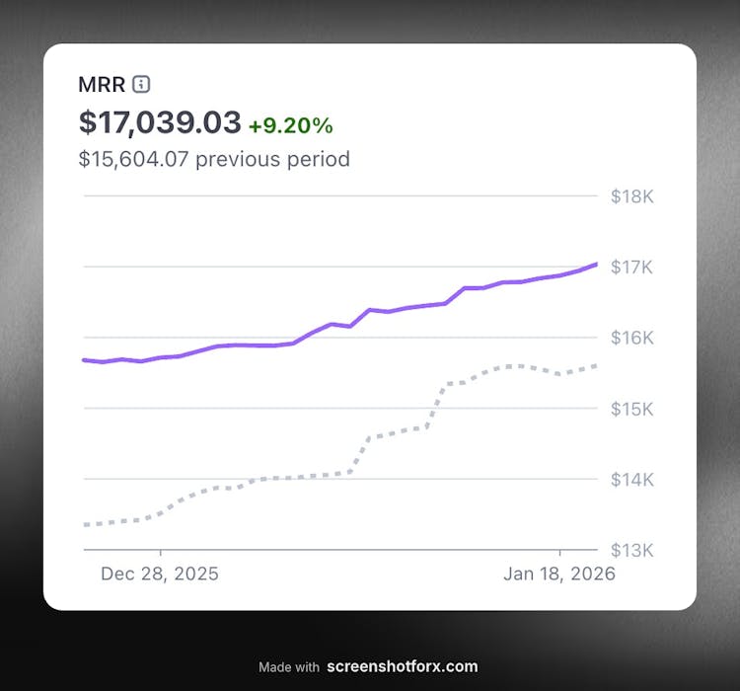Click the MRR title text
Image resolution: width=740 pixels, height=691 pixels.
click(102, 84)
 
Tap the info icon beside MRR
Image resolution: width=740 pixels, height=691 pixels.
click(141, 84)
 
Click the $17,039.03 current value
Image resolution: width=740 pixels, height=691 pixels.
click(160, 122)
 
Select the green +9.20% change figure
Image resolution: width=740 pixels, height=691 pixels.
click(290, 125)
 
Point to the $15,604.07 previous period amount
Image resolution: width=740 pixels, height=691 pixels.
click(133, 158)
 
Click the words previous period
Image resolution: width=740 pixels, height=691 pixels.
click(272, 158)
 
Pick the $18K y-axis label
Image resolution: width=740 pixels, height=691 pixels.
click(632, 196)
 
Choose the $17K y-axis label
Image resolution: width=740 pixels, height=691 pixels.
click(632, 268)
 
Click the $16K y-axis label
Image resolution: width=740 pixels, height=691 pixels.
click(632, 338)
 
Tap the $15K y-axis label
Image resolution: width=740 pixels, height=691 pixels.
click(632, 409)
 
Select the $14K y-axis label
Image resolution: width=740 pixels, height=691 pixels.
click(632, 480)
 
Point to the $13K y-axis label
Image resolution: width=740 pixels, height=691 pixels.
click(632, 550)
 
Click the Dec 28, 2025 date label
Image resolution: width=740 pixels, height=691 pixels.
click(160, 574)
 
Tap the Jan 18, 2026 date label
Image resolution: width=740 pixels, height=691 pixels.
click(560, 574)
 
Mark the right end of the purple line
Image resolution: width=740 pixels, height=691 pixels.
click(596, 264)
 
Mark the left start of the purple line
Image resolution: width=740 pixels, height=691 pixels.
click(85, 360)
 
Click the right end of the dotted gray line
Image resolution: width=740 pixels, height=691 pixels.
click(596, 365)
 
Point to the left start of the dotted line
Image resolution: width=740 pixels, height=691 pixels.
click(86, 524)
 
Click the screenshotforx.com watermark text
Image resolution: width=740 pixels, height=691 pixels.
click(402, 666)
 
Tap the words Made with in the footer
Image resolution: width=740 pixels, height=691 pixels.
click(289, 667)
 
